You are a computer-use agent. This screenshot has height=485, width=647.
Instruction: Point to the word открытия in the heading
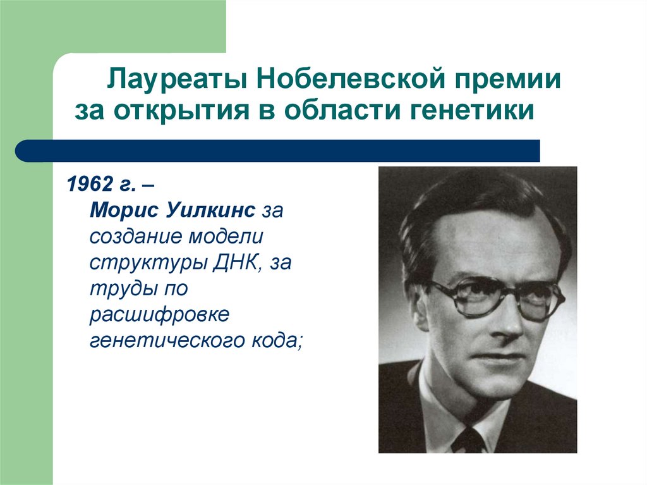[190, 111]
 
